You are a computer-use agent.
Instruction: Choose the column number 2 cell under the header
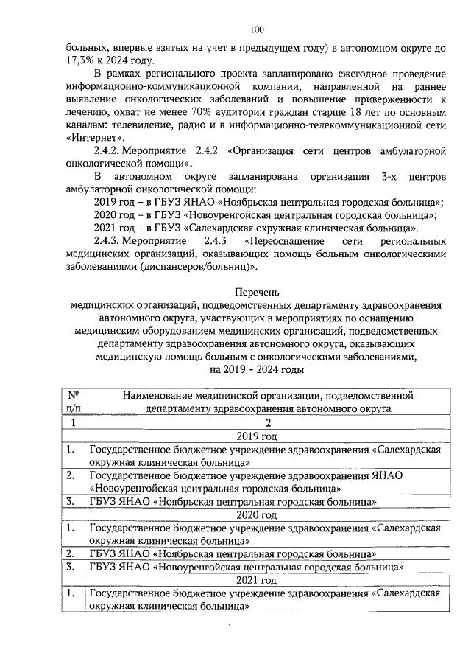click(258, 423)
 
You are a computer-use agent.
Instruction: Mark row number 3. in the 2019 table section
click(70, 502)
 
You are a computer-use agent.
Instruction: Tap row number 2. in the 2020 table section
click(70, 553)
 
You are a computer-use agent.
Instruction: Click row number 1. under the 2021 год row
click(70, 593)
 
